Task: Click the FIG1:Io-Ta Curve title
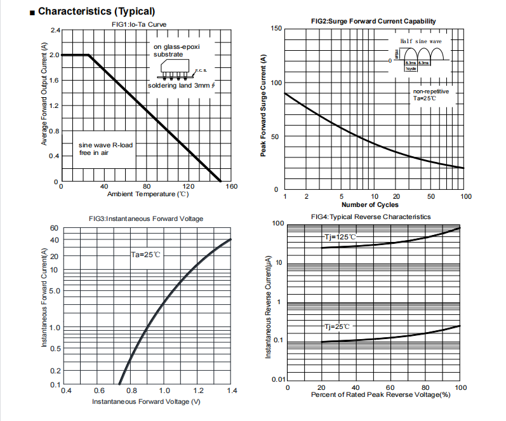(x=139, y=24)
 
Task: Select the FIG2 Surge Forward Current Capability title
(x=373, y=21)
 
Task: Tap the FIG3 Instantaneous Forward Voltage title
(x=146, y=218)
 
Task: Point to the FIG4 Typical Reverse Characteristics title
(x=371, y=217)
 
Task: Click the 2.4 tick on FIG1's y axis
(x=55, y=30)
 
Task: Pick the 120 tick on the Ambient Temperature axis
(x=189, y=187)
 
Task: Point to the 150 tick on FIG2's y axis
(x=275, y=29)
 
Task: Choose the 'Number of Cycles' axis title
(x=370, y=204)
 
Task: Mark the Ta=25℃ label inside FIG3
(x=146, y=254)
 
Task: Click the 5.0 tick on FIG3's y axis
(x=53, y=291)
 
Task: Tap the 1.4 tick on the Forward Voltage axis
(x=231, y=391)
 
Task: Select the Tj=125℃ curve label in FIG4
(x=340, y=237)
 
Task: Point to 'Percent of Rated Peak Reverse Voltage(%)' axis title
(x=380, y=395)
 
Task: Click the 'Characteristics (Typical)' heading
(x=96, y=11)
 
